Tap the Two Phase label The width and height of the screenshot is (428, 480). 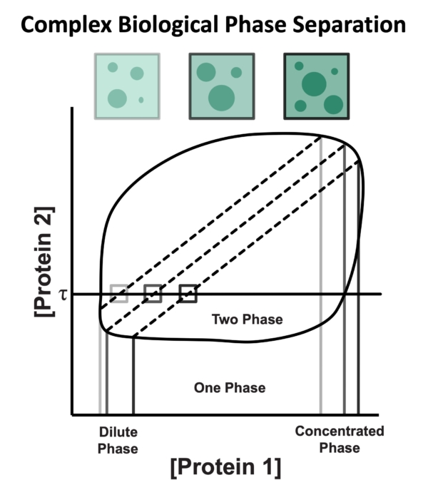[247, 320]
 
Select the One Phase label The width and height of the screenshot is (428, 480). [230, 388]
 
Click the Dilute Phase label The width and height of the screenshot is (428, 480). [118, 440]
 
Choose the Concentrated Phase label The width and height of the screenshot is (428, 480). [340, 439]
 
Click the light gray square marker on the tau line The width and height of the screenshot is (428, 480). [119, 293]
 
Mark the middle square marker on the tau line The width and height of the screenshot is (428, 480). [153, 293]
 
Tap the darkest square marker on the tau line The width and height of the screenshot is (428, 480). [188, 293]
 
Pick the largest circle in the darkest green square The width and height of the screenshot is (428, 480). [312, 85]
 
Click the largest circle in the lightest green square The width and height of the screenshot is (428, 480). [117, 97]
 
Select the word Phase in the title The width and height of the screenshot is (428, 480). [265, 26]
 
